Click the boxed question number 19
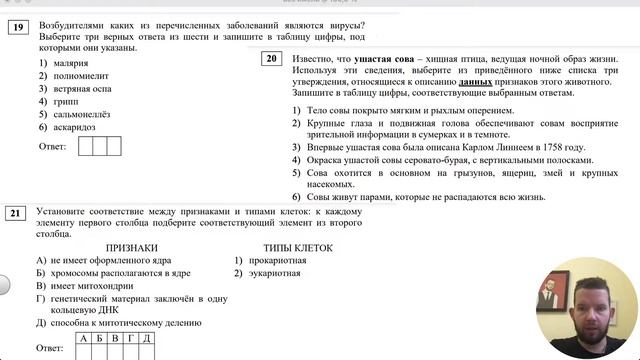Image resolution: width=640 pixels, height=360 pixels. pyautogui.click(x=18, y=28)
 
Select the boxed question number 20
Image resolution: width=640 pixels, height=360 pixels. pyautogui.click(x=271, y=58)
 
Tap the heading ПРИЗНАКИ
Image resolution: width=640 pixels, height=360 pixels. pyautogui.click(x=131, y=247)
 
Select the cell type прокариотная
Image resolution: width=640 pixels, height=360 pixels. pyautogui.click(x=277, y=260)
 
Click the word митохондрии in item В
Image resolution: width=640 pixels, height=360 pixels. pyautogui.click(x=102, y=285)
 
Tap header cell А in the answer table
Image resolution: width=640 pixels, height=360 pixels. pyautogui.click(x=85, y=339)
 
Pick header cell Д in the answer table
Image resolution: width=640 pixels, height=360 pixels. pyautogui.click(x=146, y=339)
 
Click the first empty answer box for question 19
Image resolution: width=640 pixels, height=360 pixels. pyautogui.click(x=86, y=146)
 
